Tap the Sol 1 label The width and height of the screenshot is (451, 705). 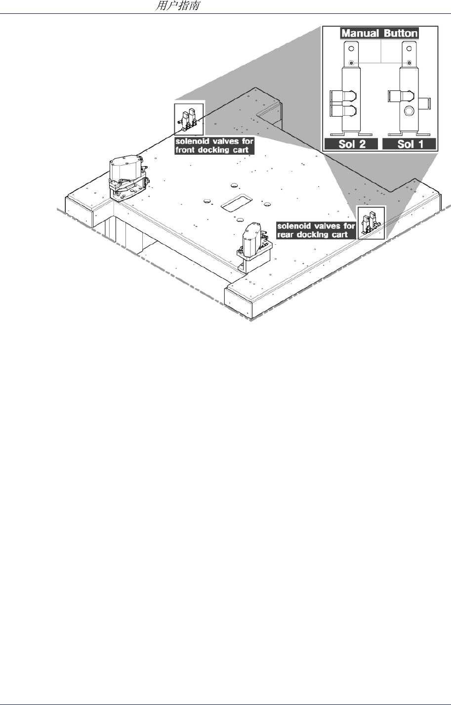[x=410, y=144]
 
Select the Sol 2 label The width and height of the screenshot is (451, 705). [x=351, y=144]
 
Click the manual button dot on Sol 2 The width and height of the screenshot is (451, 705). [x=351, y=63]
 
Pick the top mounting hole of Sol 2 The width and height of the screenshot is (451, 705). [x=351, y=49]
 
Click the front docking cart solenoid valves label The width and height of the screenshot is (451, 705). [x=214, y=145]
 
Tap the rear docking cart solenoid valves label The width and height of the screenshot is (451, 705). [x=317, y=230]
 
